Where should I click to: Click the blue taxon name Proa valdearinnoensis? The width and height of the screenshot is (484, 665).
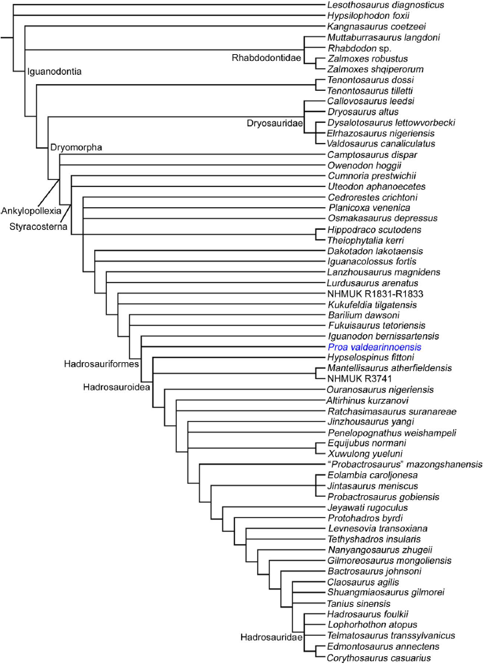371,348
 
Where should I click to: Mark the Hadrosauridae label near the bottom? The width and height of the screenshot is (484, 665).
270,638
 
